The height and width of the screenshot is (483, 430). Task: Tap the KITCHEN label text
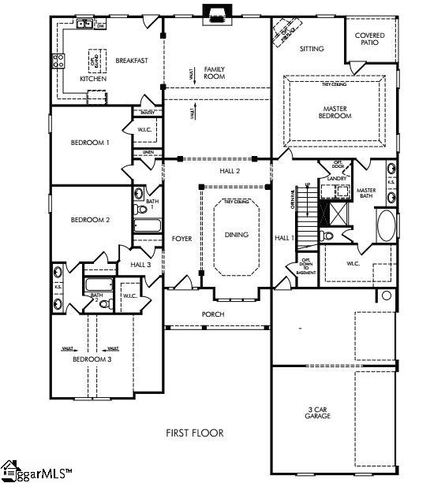(94, 80)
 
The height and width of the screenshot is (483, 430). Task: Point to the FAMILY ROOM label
(215, 72)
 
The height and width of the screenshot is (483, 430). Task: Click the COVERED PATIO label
(369, 39)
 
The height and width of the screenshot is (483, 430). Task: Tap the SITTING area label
(312, 49)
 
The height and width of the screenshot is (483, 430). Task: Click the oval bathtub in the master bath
(387, 226)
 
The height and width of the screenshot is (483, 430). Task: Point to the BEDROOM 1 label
(90, 143)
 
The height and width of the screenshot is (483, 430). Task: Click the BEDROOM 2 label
(90, 220)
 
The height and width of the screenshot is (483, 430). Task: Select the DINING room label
(236, 235)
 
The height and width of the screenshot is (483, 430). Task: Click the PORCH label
(213, 314)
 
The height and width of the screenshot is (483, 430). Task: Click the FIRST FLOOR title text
(194, 433)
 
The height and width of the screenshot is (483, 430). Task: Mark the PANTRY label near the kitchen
(151, 113)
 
